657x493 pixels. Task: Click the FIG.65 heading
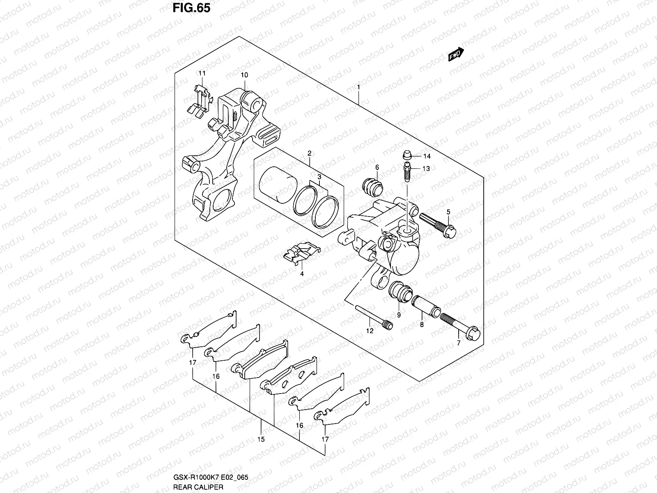tap(190, 8)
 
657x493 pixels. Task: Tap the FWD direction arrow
tap(456, 54)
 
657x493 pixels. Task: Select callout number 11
tap(202, 73)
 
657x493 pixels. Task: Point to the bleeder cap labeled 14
tap(407, 156)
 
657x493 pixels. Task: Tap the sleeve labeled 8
tap(427, 306)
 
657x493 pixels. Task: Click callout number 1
tap(358, 87)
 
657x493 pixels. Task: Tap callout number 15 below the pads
tap(261, 440)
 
